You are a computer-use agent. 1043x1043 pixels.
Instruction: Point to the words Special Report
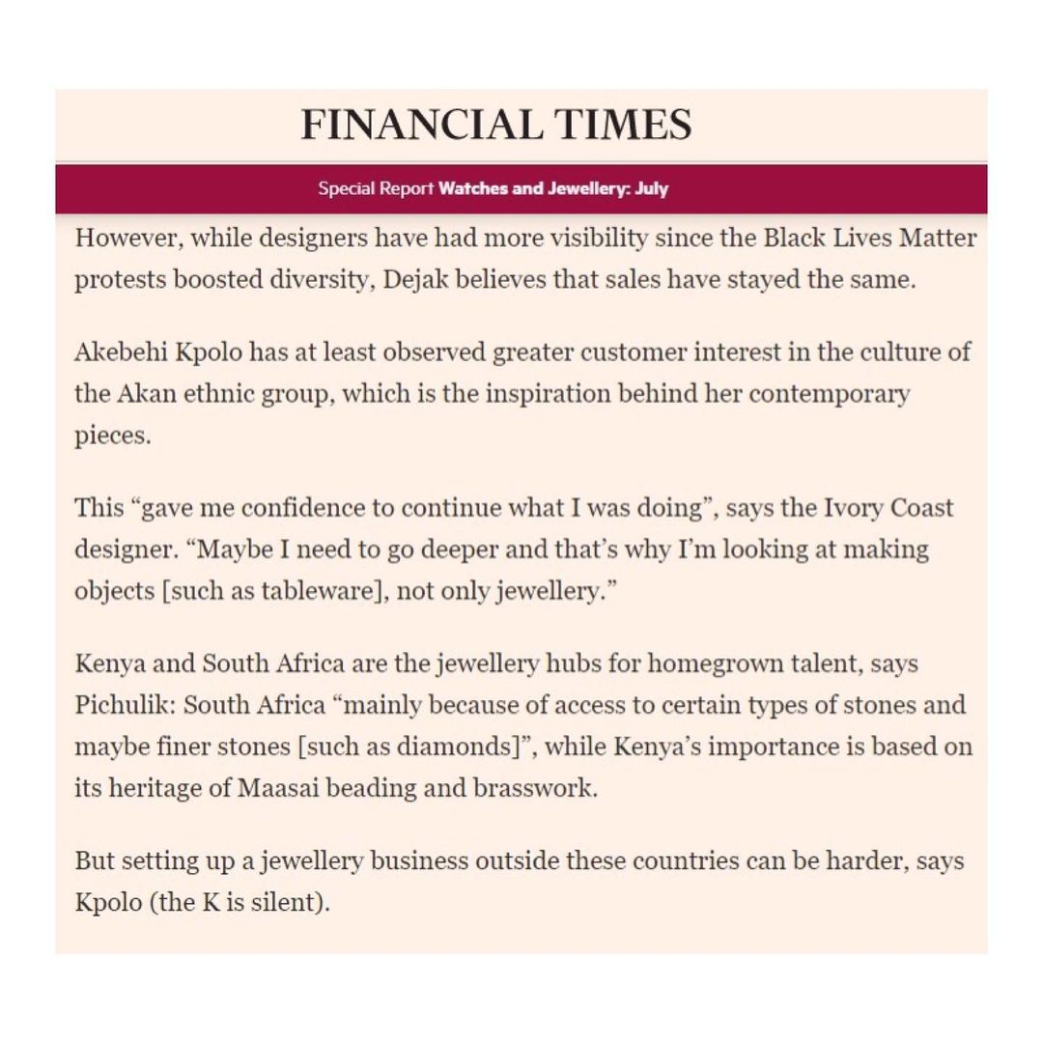(376, 189)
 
